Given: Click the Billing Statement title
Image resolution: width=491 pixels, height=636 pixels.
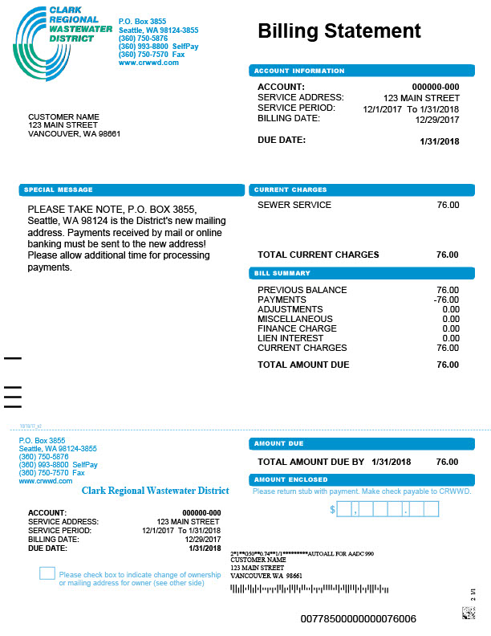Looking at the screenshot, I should tap(339, 31).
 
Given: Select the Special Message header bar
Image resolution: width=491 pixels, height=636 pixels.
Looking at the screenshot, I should tap(132, 190).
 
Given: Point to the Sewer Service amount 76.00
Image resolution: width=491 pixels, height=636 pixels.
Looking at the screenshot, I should tap(448, 206).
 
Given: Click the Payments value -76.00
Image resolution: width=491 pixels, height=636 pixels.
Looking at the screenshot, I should tap(446, 300).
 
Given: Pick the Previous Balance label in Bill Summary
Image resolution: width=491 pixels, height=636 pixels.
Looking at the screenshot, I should tap(302, 290).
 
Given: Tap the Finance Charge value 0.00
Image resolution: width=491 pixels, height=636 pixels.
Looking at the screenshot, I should tap(450, 328).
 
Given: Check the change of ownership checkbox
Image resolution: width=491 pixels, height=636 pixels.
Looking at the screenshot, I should tap(47, 573).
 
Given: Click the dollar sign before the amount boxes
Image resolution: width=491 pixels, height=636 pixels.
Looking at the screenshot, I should tap(332, 509).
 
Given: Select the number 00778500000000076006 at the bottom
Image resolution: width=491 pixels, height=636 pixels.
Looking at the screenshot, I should tap(359, 619).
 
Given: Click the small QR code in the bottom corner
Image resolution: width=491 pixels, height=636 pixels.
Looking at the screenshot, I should tap(468, 614).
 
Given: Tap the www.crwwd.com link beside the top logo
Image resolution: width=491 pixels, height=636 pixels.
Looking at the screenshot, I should tap(148, 63).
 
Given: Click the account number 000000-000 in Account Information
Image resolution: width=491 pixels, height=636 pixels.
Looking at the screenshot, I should tap(436, 88).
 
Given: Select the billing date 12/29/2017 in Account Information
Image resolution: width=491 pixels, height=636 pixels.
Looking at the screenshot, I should tap(437, 120).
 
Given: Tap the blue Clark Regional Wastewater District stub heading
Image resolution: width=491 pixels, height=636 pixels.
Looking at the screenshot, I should tap(155, 491).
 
